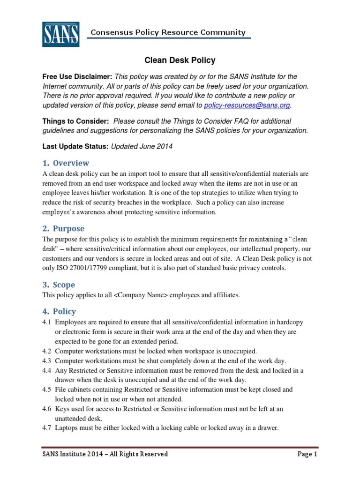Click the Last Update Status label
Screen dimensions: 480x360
click(75, 146)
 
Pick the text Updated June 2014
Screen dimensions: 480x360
click(142, 146)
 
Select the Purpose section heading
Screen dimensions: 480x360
click(63, 228)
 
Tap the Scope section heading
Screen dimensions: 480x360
click(59, 285)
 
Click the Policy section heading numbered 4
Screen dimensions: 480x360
click(59, 311)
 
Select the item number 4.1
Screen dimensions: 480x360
click(47, 322)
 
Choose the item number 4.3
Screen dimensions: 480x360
click(47, 360)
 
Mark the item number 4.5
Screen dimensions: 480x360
click(47, 390)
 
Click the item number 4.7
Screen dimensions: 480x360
click(47, 428)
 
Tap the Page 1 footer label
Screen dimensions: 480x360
click(307, 454)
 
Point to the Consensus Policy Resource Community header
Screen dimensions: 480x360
click(168, 32)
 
